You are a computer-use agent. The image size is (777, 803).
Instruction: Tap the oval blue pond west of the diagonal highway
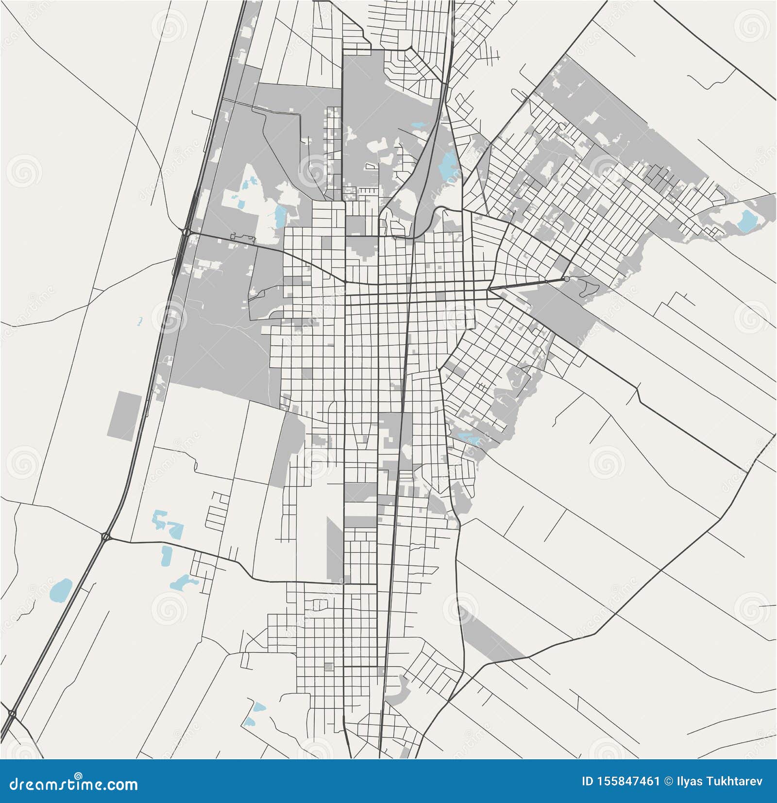click(61, 589)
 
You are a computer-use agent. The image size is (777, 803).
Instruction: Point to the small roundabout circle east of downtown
click(567, 279)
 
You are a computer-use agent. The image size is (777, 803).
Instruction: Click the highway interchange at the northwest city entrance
click(186, 233)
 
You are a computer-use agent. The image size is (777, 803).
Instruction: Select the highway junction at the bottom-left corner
click(12, 714)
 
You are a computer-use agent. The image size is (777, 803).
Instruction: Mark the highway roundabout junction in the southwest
click(105, 537)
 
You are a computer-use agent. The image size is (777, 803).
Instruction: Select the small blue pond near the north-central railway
click(418, 125)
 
